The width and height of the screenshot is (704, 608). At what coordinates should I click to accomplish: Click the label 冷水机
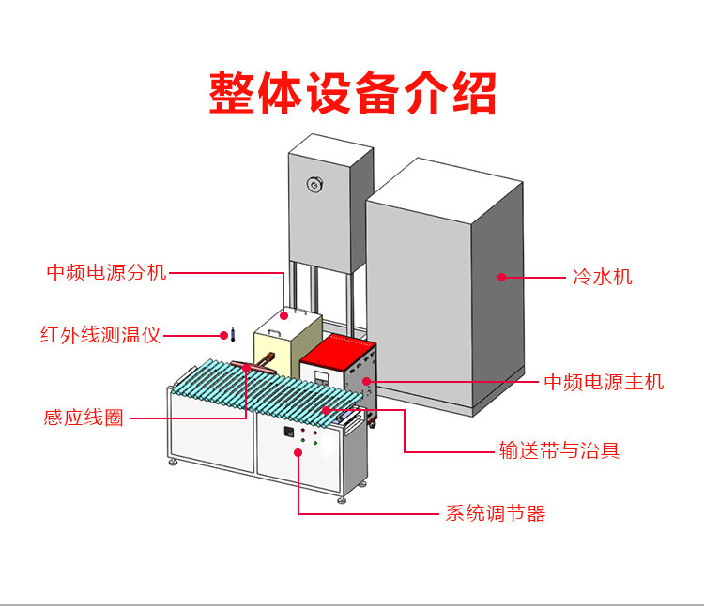pos(603,277)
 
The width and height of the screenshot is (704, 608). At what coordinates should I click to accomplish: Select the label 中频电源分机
pos(107,272)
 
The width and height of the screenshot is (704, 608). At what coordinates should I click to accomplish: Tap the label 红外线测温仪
pos(100,335)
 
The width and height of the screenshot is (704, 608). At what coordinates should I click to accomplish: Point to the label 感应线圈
pos(84,418)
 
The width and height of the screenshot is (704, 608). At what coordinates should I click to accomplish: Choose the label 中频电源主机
pos(605,382)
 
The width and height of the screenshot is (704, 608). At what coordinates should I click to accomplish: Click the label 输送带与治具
pos(559,451)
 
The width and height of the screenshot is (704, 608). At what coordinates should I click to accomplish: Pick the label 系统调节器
pos(495,513)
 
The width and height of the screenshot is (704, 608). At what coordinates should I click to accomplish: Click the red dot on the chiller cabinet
pos(501,277)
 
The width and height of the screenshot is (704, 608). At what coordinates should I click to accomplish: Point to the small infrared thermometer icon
pos(222,333)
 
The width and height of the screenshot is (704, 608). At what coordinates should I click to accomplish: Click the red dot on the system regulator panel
pos(298,452)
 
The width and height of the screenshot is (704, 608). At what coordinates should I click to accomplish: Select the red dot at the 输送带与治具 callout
pos(326,410)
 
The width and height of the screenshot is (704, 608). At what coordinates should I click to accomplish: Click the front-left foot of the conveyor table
pos(173,462)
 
